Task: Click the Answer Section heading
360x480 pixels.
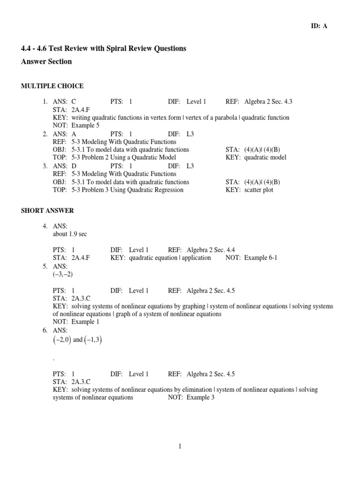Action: click(x=46, y=61)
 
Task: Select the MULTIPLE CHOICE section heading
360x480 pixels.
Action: click(x=52, y=86)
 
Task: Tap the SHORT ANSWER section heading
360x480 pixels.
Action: click(x=47, y=211)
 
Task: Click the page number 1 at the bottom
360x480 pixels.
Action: click(x=180, y=446)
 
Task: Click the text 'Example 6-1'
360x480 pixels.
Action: click(x=261, y=258)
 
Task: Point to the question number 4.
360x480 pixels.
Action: click(x=45, y=226)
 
